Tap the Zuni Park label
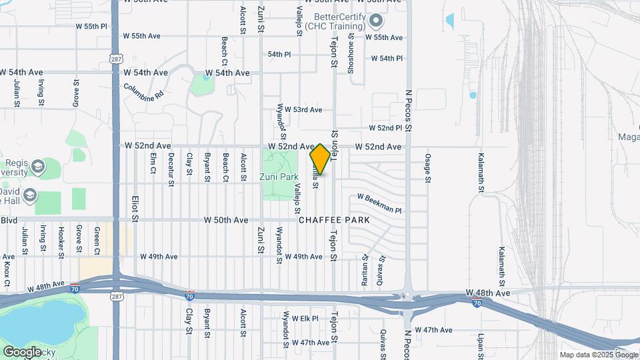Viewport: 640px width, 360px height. pos(279,178)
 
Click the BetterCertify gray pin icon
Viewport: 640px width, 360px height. pos(375,21)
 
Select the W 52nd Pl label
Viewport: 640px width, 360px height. pos(386,128)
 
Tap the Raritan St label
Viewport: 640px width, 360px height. pos(365,269)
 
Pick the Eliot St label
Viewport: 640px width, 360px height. pos(134,208)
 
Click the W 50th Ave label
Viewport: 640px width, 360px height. pos(226,220)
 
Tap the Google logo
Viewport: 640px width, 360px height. pos(22,351)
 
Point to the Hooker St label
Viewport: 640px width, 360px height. pos(61,242)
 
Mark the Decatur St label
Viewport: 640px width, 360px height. pos(171,165)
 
